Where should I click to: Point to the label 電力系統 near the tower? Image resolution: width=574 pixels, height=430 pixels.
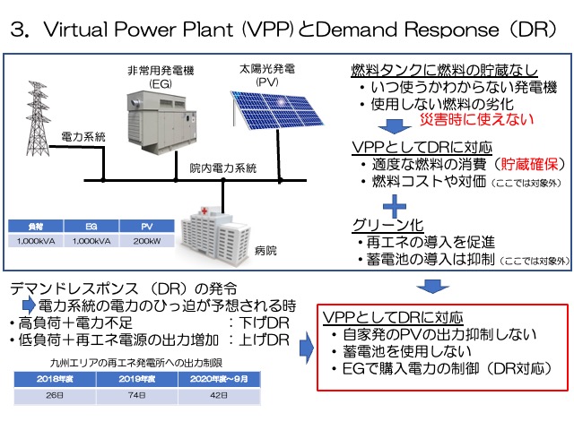pyautogui.click(x=82, y=138)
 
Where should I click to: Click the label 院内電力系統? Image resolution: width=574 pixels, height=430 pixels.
pyautogui.click(x=224, y=168)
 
